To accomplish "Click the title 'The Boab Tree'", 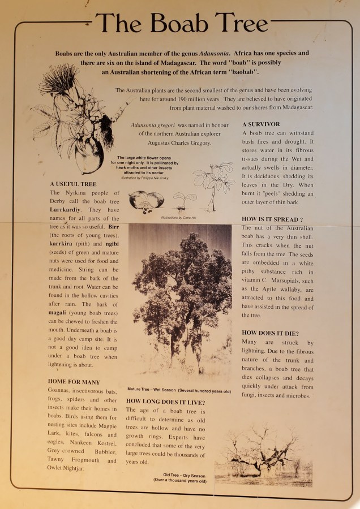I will pos(181,23).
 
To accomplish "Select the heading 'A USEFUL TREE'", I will pos(73,184).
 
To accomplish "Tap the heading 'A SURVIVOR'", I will pos(261,124).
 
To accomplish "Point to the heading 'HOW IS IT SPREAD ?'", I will pos(272,219).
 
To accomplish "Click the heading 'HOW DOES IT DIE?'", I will pos(270,333).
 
